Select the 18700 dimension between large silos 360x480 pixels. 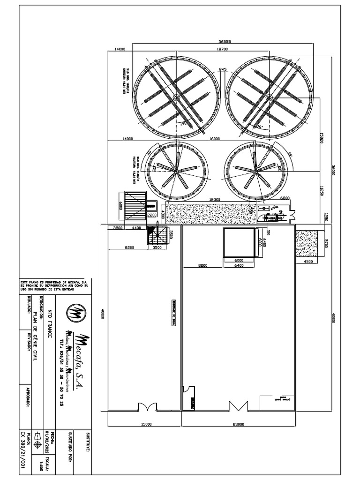coord(222,49)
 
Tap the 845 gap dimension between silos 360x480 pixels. coord(223,69)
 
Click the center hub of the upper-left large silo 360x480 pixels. coord(176,97)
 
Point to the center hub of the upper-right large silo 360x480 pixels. coord(269,97)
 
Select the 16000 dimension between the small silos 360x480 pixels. coord(215,139)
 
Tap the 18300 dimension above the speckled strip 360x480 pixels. coord(214,199)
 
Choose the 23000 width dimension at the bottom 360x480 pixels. coord(238,425)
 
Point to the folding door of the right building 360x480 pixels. coord(238,406)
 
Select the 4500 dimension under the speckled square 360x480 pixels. coord(308,262)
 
